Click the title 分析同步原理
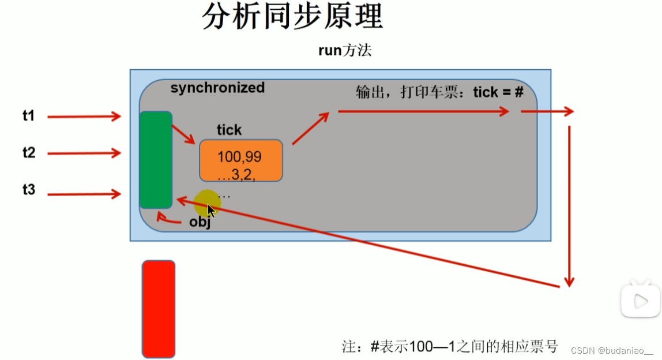click(292, 17)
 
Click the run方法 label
click(345, 50)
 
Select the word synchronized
click(217, 88)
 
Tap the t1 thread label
click(29, 116)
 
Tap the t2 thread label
click(29, 153)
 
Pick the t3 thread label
click(29, 189)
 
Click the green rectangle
click(156, 160)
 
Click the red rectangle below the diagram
click(159, 309)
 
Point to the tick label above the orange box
click(229, 130)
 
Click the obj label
click(200, 223)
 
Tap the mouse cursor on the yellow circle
click(210, 209)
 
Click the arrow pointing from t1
click(84, 117)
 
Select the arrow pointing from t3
click(84, 195)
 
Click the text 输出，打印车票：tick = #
click(439, 92)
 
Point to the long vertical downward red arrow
click(569, 205)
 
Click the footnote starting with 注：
click(450, 346)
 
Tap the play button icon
click(640, 300)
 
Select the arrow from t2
click(84, 153)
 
